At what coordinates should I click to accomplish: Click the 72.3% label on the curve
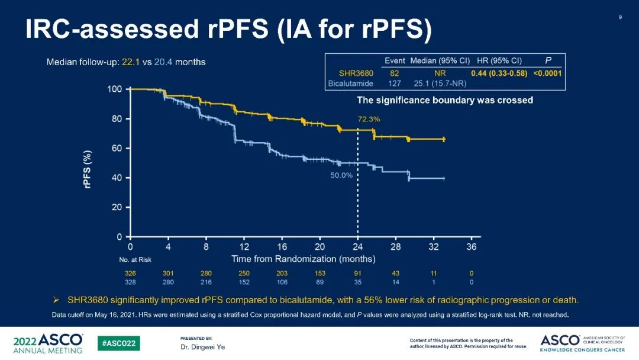pyautogui.click(x=369, y=119)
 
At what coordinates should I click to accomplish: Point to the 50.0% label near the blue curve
pyautogui.click(x=341, y=175)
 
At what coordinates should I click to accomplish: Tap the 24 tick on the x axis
pyautogui.click(x=357, y=247)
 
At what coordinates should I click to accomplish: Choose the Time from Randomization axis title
pyautogui.click(x=303, y=259)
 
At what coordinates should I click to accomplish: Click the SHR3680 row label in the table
pyautogui.click(x=352, y=73)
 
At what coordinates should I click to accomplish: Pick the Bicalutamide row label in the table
pyautogui.click(x=350, y=83)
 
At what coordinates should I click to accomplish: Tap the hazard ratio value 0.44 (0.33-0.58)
pyautogui.click(x=499, y=73)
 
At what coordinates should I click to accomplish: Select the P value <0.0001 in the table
pyautogui.click(x=547, y=73)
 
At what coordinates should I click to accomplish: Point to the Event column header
pyautogui.click(x=395, y=60)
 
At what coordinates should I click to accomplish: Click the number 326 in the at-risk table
pyautogui.click(x=130, y=274)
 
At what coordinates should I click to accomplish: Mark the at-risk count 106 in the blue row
pyautogui.click(x=282, y=282)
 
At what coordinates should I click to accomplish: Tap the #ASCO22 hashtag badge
pyautogui.click(x=119, y=343)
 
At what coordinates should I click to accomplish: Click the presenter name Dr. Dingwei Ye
pyautogui.click(x=202, y=347)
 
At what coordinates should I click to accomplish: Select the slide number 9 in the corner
pyautogui.click(x=620, y=17)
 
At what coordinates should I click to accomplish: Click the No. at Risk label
pyautogui.click(x=135, y=260)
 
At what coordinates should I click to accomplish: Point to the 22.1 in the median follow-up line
pyautogui.click(x=130, y=62)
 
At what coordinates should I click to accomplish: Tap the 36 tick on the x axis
pyautogui.click(x=471, y=247)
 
